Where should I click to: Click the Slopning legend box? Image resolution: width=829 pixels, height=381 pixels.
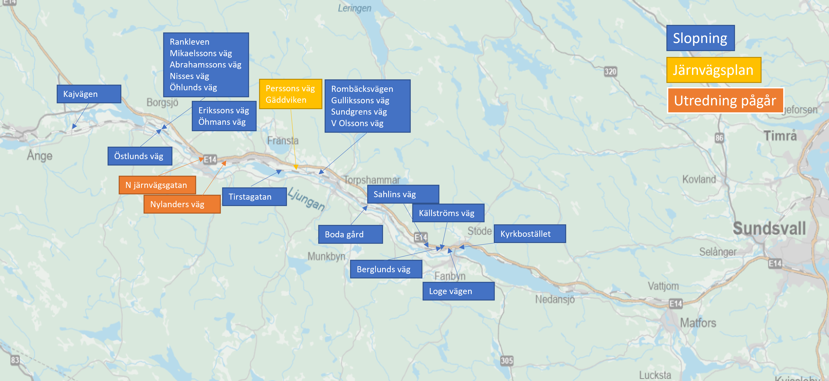[x=700, y=38]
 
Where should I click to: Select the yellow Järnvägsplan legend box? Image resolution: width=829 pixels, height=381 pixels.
[x=714, y=70]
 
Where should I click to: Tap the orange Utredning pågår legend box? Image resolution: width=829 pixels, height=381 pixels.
[x=725, y=100]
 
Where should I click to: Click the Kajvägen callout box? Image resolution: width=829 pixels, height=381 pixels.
[x=89, y=94]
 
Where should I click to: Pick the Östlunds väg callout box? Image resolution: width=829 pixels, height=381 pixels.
[x=140, y=156]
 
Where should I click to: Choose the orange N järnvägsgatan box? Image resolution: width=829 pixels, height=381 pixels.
[x=157, y=185]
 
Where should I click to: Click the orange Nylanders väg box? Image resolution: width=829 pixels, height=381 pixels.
[x=182, y=204]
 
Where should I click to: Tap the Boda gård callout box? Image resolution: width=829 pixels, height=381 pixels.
[x=350, y=234]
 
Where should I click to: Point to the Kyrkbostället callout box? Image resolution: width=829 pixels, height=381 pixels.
[x=529, y=234]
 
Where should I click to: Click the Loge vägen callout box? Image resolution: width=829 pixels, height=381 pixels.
[x=458, y=291]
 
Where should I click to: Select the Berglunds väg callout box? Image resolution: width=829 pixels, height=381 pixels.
[x=386, y=269]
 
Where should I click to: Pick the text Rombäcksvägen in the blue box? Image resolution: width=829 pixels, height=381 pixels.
[x=362, y=89]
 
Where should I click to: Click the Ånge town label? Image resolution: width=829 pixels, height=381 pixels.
[x=40, y=156]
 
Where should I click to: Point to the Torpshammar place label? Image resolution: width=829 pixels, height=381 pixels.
[x=372, y=180]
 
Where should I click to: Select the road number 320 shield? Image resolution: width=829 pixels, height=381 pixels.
[x=610, y=71]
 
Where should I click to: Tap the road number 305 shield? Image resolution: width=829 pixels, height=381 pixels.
[x=507, y=361]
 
